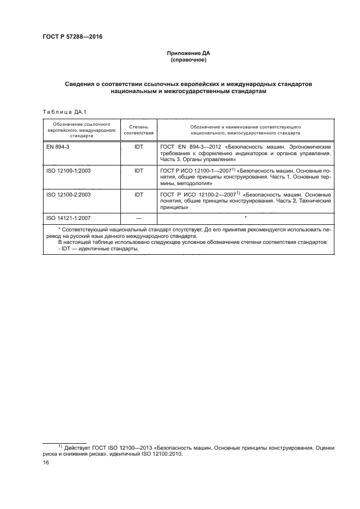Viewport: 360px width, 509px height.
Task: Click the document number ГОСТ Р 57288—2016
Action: (x=72, y=37)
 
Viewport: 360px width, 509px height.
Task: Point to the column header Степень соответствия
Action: (x=138, y=129)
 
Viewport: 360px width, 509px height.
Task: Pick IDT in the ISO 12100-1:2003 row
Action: (x=138, y=170)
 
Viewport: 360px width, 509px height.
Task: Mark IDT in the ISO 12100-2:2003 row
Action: (x=138, y=194)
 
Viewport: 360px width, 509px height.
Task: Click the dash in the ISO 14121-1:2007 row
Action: (x=138, y=218)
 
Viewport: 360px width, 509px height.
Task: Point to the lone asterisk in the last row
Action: (x=246, y=217)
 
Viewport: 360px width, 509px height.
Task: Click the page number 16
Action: (x=46, y=462)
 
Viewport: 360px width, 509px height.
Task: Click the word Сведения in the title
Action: (x=81, y=85)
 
